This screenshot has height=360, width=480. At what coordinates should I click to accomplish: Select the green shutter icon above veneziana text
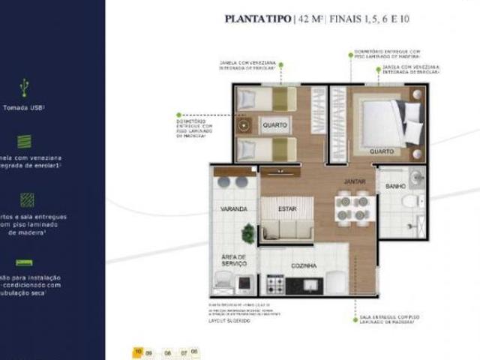pos(25,141)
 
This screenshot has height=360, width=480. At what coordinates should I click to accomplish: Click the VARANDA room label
pos(234,208)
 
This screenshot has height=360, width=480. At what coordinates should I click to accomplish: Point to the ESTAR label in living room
pos(286,208)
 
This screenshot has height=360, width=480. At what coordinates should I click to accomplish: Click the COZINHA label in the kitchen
pos(304,265)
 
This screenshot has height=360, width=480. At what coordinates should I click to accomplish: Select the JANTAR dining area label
pos(355,181)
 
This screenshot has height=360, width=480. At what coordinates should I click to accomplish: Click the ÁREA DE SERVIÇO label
pos(234,260)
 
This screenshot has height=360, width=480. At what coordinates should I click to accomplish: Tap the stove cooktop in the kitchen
pos(275,285)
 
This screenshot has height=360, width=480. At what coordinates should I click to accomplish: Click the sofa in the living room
pos(286,226)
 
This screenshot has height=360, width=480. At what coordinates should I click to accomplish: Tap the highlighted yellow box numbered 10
pos(138,350)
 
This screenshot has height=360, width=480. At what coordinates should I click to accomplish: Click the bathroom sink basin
pos(417,177)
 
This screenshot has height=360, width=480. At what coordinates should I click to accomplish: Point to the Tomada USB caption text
pos(25,107)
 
